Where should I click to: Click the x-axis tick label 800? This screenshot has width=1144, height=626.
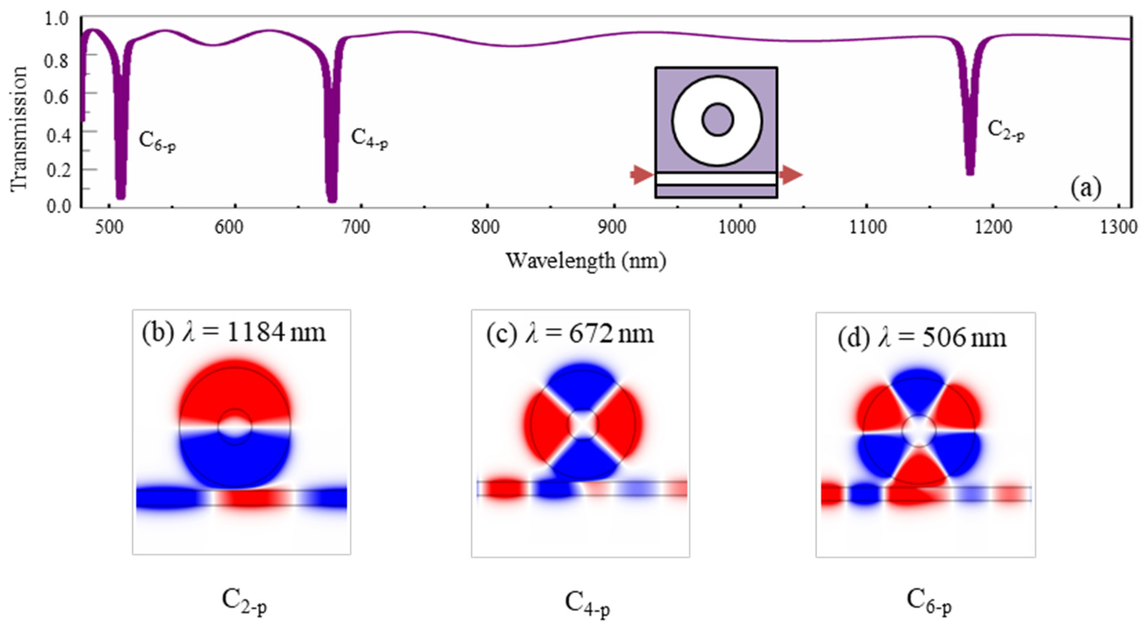[x=485, y=228]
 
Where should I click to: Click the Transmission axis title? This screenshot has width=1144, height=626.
[x=19, y=129]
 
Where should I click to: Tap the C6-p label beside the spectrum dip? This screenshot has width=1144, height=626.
[x=157, y=141]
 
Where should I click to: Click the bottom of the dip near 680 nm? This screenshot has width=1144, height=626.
[x=332, y=198]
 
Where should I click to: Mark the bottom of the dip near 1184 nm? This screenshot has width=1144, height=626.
[x=970, y=172]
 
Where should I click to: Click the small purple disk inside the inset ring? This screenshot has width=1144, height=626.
[x=718, y=120]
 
